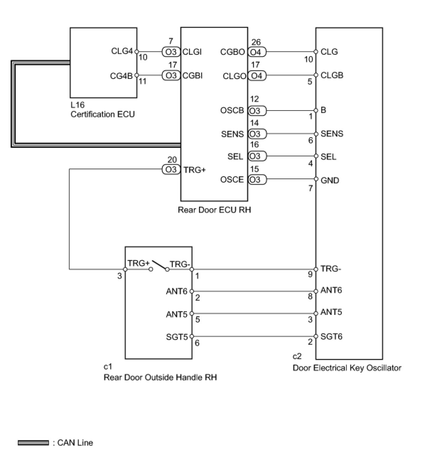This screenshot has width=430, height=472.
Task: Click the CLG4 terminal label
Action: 122,51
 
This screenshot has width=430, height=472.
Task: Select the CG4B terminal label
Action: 121,76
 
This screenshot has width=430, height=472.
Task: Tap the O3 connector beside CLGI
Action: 171,52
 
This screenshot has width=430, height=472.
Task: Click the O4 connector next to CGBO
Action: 256,52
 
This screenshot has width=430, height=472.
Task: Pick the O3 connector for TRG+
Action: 171,170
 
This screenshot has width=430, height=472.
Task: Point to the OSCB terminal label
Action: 232,111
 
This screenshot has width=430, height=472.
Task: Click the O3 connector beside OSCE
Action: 256,179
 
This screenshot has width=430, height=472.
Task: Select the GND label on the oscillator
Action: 330,180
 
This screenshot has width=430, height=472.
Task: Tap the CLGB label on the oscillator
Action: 332,75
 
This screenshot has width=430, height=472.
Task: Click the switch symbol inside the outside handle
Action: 159,266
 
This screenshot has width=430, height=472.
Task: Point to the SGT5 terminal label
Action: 177,337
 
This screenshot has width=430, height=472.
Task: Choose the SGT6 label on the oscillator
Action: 331,336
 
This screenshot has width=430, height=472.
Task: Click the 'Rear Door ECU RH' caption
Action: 214,210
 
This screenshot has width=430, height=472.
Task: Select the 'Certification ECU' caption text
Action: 103,114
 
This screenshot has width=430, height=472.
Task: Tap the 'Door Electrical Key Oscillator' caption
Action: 347,368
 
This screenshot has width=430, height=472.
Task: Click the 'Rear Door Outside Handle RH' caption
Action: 160,377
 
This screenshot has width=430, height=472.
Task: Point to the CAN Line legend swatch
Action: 33,442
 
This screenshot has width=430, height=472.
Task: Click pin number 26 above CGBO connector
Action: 256,43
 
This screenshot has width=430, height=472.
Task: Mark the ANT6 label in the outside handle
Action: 177,291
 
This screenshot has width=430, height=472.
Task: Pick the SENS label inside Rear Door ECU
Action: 232,134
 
